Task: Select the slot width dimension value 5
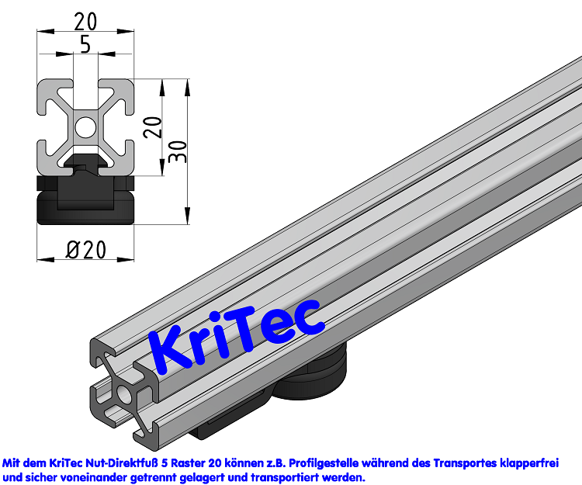tap(85, 45)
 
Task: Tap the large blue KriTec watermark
tap(235, 334)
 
